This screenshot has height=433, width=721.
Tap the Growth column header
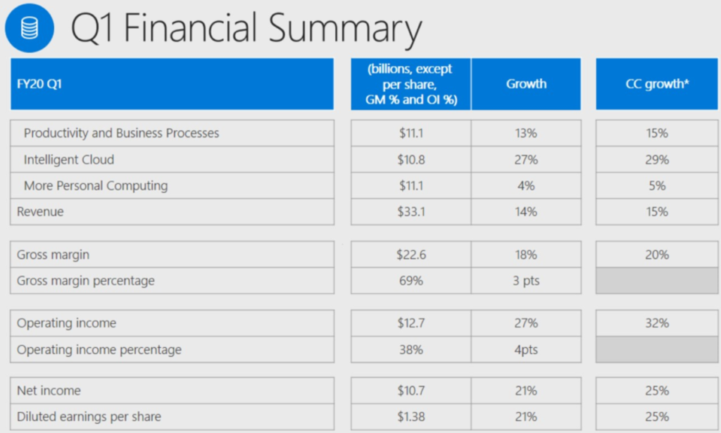tap(526, 84)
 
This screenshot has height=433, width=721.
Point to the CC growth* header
tap(657, 84)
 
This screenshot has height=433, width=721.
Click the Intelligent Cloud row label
tap(69, 160)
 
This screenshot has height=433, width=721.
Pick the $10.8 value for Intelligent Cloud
tap(410, 160)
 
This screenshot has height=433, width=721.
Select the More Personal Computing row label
tap(96, 186)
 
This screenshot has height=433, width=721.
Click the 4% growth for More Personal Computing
tap(526, 186)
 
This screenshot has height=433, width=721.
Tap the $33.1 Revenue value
tap(410, 211)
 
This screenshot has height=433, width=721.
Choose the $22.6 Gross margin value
tap(410, 255)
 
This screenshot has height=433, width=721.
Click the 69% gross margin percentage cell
tap(410, 281)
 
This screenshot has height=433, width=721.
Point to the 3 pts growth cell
tap(526, 281)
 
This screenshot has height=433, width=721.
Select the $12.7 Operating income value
tap(410, 323)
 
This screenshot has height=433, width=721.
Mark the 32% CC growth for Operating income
tap(657, 323)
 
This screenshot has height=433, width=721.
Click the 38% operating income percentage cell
tap(410, 349)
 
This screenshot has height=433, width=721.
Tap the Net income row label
tap(49, 391)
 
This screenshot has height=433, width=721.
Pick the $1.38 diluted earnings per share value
tap(410, 417)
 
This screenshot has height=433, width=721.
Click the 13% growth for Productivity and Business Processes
tap(526, 133)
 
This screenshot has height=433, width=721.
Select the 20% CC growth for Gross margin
tap(657, 255)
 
